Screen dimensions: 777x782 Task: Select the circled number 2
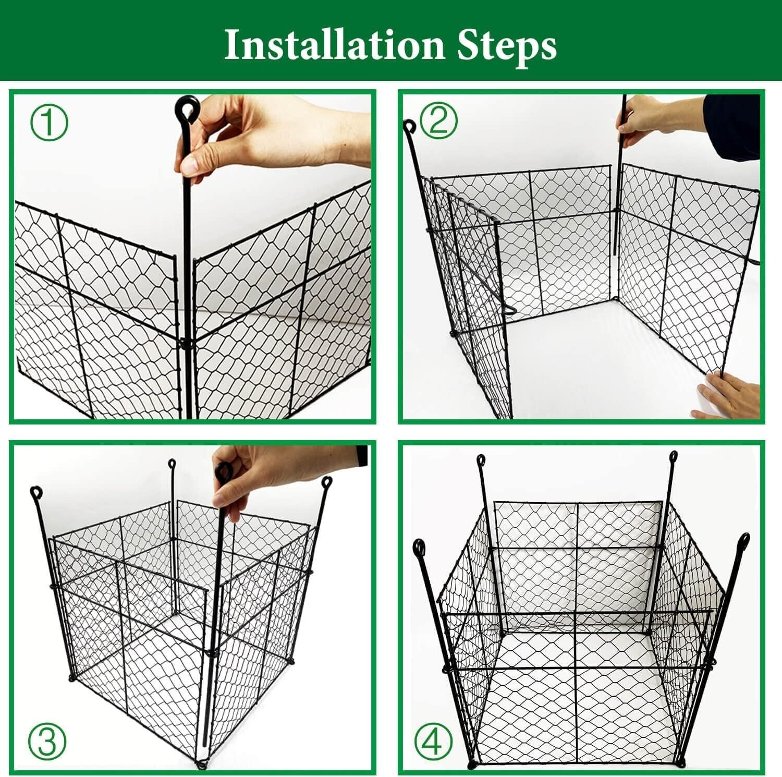[438, 121]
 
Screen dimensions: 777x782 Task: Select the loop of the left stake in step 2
[410, 127]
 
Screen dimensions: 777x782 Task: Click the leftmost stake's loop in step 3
[35, 491]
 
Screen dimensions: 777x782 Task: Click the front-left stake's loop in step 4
[419, 548]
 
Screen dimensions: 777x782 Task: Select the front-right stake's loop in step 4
[743, 540]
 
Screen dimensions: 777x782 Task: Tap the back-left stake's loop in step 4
[481, 460]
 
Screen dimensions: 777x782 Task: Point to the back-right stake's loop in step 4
[674, 456]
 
